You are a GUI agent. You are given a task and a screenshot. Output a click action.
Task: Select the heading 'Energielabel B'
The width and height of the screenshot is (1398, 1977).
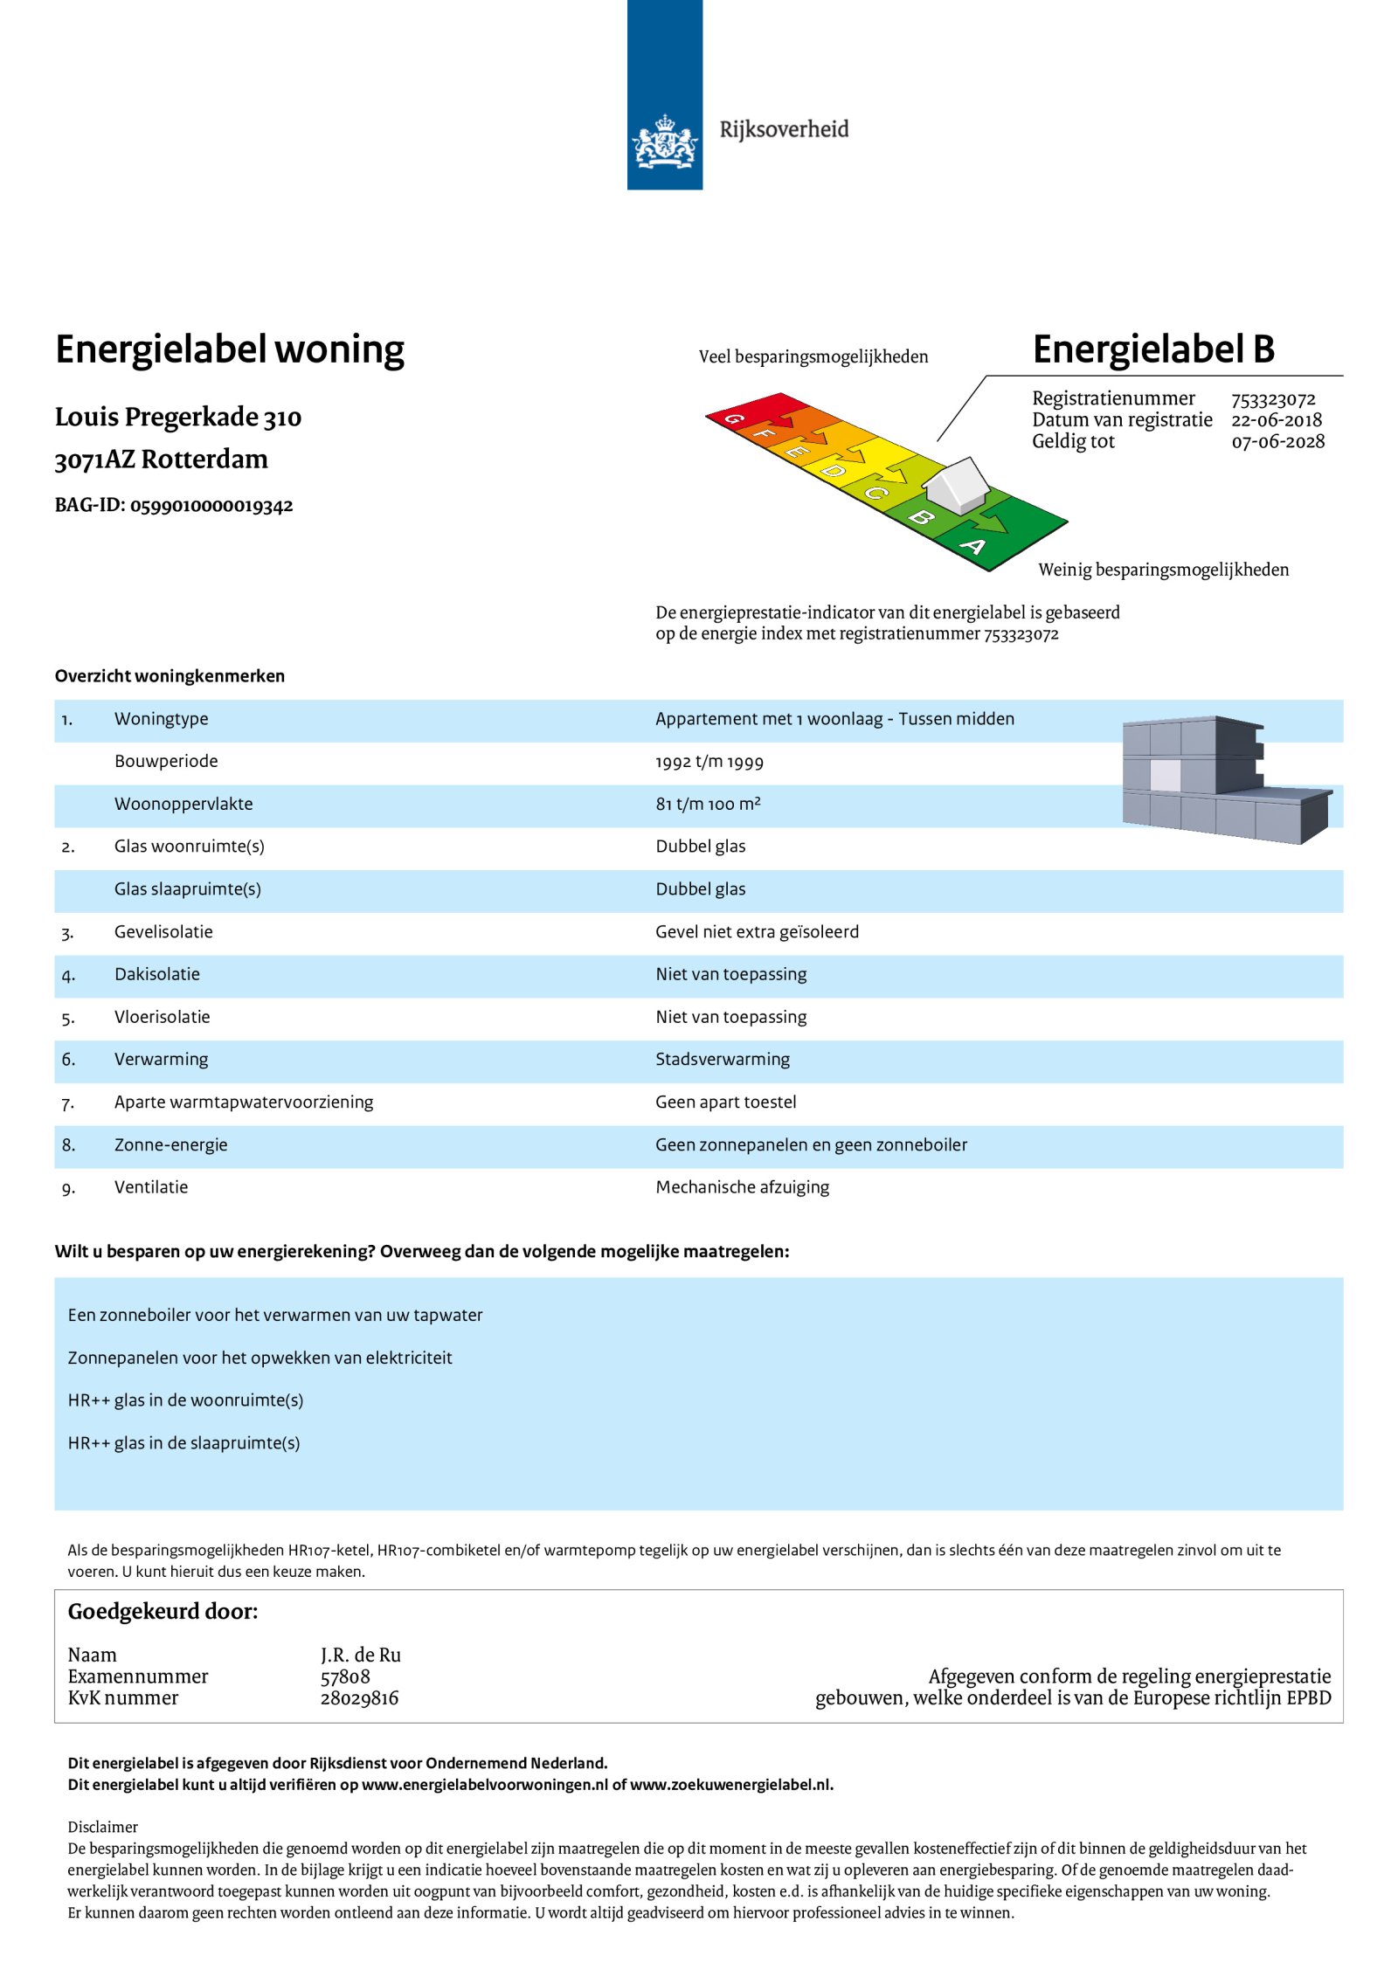coord(1152,349)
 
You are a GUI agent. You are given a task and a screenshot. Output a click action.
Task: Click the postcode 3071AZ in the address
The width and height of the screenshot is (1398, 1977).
coord(94,460)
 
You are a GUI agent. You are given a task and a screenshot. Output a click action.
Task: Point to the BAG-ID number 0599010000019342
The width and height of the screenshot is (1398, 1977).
coord(211,506)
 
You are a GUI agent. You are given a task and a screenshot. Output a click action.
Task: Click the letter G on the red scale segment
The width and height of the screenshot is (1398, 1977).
coord(735,419)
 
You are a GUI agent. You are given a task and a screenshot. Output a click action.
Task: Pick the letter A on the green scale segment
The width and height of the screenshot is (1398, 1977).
coord(973,547)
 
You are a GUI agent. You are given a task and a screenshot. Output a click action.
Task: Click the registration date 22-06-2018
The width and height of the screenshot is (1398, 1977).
coord(1276,420)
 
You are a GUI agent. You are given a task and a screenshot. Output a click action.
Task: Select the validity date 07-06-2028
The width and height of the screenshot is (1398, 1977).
coord(1277,442)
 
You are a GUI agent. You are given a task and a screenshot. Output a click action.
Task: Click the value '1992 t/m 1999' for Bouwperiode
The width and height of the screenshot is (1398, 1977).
coord(709,762)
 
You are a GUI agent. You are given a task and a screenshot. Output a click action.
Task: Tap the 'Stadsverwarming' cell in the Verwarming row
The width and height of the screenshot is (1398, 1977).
coord(722,1060)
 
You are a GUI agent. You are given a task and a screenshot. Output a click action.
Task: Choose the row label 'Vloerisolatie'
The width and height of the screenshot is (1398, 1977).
coord(162,1017)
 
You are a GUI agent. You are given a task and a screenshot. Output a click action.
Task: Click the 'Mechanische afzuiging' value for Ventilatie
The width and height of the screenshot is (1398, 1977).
coord(742,1187)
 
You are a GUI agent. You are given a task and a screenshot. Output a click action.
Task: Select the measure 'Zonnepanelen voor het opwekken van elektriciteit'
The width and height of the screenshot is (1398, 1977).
coord(260,1358)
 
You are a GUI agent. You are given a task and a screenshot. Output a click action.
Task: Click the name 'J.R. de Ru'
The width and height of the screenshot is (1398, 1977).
coord(360,1655)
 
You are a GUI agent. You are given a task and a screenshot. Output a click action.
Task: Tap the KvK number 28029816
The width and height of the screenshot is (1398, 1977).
coord(359,1697)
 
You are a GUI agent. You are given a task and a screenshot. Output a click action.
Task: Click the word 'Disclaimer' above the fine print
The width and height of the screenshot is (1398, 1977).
coord(102,1827)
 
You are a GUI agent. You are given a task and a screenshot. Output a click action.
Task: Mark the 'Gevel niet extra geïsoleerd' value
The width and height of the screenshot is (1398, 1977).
coord(757,932)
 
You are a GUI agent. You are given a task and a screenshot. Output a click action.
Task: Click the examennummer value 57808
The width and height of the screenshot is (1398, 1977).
coord(345,1676)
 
